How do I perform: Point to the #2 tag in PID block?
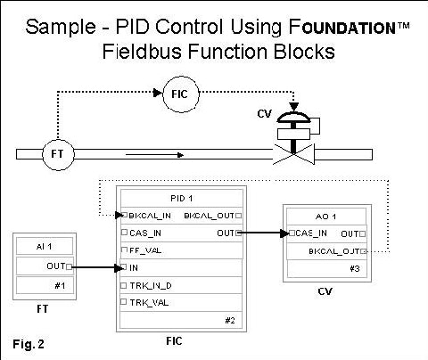click(x=231, y=319)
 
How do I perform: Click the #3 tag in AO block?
click(x=353, y=268)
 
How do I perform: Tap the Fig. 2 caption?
click(x=29, y=342)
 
